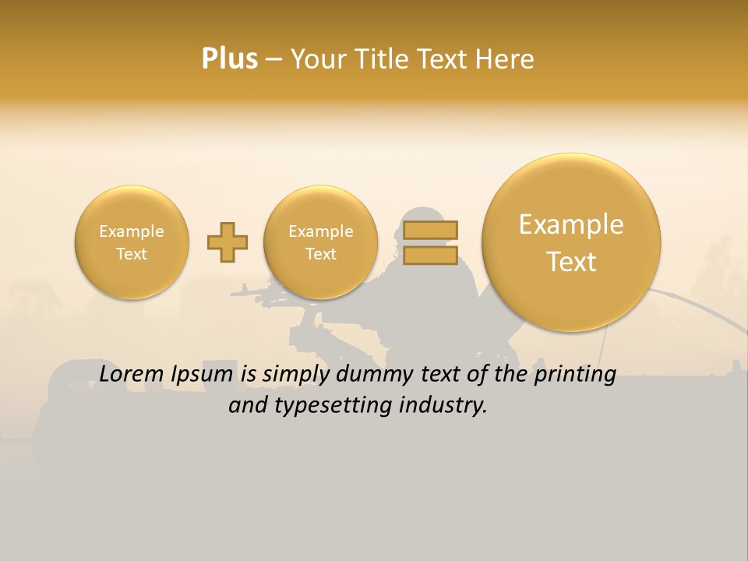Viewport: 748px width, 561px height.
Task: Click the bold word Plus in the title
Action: pos(230,59)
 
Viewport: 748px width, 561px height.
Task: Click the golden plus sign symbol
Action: pos(228,242)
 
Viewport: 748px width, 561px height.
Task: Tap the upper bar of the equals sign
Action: pos(430,231)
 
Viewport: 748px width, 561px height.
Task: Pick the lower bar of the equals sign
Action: pos(430,256)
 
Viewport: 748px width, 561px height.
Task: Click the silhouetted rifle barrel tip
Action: pos(233,294)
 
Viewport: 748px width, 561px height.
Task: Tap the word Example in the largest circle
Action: pos(571,224)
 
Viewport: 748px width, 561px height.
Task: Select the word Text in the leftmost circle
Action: pos(132,254)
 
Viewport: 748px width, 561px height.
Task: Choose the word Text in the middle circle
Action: pos(320,254)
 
